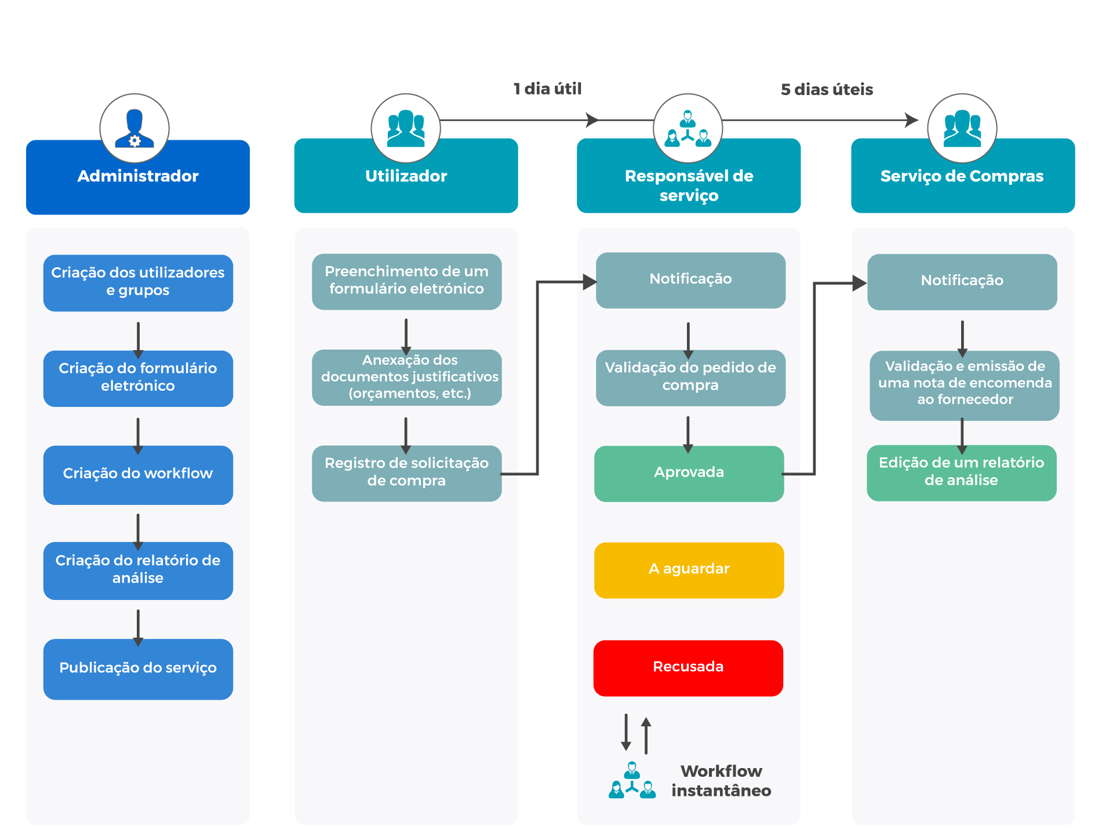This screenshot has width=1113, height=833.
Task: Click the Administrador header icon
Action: click(x=134, y=128)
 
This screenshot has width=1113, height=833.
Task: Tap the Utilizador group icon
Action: click(x=406, y=128)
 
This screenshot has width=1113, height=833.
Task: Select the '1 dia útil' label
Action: click(x=547, y=89)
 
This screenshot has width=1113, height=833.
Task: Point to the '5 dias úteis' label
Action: click(x=827, y=89)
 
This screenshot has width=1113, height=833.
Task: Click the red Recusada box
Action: click(x=688, y=668)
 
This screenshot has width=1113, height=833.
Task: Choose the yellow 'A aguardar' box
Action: click(x=689, y=570)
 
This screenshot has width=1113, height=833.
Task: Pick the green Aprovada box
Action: click(x=689, y=473)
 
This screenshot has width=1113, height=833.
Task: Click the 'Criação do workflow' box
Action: click(x=138, y=475)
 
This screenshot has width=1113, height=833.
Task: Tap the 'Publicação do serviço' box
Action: click(x=138, y=669)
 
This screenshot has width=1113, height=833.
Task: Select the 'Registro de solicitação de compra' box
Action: click(x=406, y=473)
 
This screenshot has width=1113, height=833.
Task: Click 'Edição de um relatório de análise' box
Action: click(x=961, y=472)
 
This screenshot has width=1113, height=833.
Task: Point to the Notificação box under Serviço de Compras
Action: click(x=962, y=282)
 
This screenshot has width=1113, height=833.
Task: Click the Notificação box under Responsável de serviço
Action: click(x=690, y=280)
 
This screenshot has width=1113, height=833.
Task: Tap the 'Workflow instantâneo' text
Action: click(x=721, y=781)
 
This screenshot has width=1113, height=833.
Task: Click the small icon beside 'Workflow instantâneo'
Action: click(x=632, y=780)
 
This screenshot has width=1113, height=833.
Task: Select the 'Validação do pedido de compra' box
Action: click(x=690, y=378)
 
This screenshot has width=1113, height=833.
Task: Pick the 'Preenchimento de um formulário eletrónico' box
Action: click(x=406, y=282)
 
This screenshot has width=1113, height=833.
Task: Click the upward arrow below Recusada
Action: click(x=646, y=735)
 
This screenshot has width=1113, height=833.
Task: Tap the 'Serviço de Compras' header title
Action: click(x=962, y=176)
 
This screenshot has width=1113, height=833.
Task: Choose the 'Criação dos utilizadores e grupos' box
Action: click(x=138, y=283)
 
